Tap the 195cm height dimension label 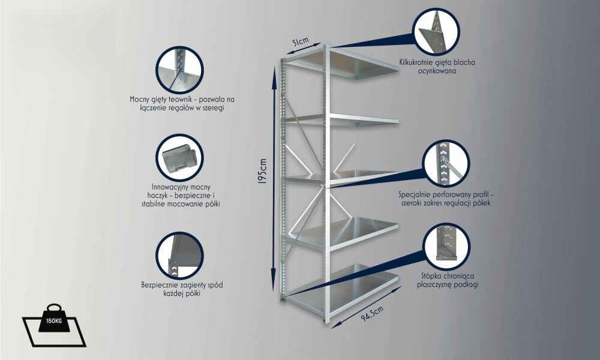click(263, 172)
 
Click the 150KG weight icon click(54, 325)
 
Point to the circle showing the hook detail click(179, 158)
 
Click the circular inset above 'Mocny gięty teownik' click(179, 70)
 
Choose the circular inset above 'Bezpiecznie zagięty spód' click(179, 256)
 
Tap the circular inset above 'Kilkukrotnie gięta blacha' click(436, 32)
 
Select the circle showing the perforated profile click(446, 163)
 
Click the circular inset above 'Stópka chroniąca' click(447, 247)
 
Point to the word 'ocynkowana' click(437, 71)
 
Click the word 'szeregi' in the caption click(211, 108)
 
